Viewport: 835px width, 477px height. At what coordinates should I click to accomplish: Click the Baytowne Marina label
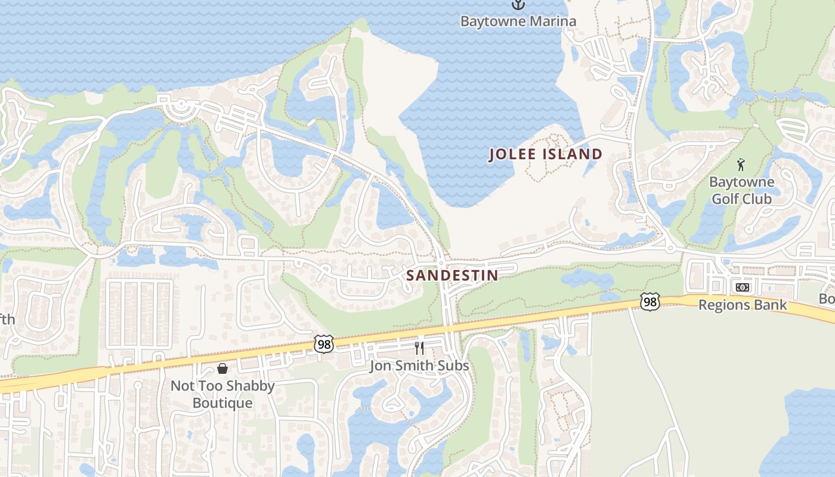click(x=518, y=21)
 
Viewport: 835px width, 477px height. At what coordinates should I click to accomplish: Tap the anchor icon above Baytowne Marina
click(x=518, y=5)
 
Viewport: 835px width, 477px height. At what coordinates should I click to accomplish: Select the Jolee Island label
click(x=546, y=154)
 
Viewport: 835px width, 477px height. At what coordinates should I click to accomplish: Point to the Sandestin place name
click(x=452, y=275)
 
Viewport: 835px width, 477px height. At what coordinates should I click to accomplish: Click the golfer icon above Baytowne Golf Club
click(x=741, y=165)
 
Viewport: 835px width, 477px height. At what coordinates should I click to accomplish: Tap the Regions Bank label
click(x=743, y=305)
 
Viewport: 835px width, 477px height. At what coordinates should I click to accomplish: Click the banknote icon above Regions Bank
click(x=743, y=287)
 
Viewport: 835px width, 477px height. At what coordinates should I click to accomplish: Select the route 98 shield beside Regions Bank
click(x=650, y=302)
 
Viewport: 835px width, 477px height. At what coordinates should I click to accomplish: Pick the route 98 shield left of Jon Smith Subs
click(x=323, y=344)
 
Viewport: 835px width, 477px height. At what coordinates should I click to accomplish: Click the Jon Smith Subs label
click(x=419, y=366)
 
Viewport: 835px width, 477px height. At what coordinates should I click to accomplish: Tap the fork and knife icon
click(x=419, y=348)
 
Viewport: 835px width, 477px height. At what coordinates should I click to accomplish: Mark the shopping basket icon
click(x=222, y=368)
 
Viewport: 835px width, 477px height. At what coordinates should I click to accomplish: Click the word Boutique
click(x=222, y=403)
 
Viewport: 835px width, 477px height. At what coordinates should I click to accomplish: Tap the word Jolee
click(x=509, y=154)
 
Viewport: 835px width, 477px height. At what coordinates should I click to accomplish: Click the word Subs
click(x=454, y=366)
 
